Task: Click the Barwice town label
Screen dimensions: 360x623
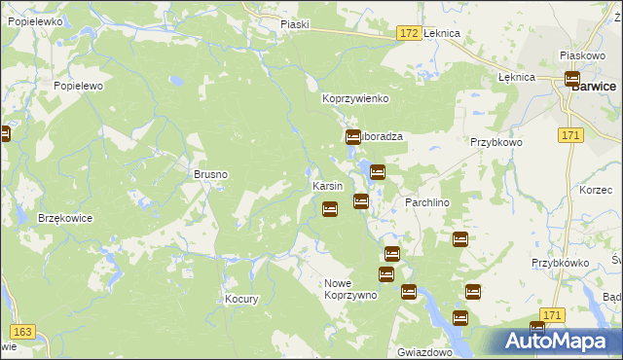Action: [x=594, y=86]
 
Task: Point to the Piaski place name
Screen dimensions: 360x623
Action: [x=293, y=24]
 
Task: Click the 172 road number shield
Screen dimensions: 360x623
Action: [x=409, y=33]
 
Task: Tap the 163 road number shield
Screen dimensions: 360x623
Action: [x=24, y=332]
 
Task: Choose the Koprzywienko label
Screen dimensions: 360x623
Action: [x=355, y=99]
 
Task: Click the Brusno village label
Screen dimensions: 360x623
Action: [x=210, y=174]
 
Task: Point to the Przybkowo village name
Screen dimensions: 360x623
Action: [x=496, y=142]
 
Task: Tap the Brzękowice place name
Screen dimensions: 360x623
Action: [x=65, y=218]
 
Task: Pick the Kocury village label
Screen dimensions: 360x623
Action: [x=241, y=299]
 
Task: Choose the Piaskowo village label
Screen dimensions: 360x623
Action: [x=583, y=56]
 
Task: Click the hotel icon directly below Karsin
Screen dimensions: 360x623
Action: [x=330, y=208]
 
